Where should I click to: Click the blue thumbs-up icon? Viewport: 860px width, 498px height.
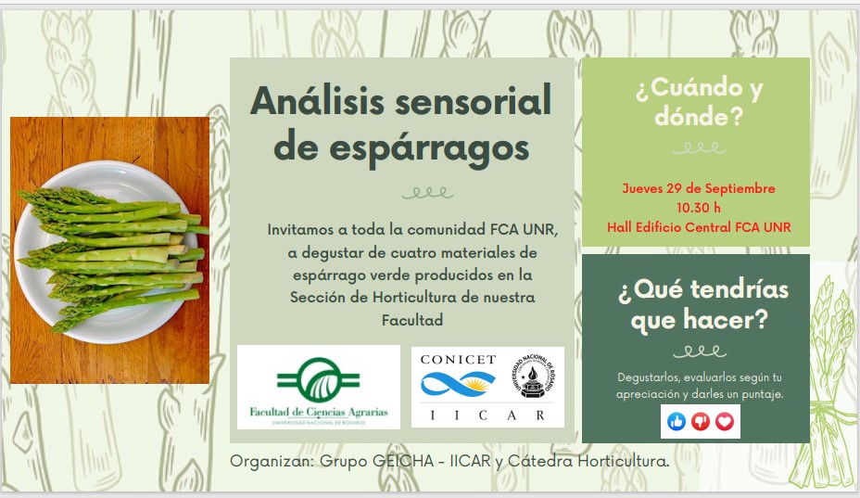tap(677, 422)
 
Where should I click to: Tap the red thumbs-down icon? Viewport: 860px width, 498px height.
tap(701, 422)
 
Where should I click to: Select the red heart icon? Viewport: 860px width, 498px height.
tap(725, 422)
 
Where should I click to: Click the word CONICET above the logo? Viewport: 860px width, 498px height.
tap(458, 360)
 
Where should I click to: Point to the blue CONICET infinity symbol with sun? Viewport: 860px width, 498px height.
tap(458, 383)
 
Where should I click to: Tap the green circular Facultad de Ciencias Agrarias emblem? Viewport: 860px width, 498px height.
tap(319, 379)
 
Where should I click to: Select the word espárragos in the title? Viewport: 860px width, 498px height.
tap(429, 148)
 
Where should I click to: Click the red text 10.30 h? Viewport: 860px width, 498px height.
tap(698, 208)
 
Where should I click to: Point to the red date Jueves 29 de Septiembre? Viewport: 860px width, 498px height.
tap(698, 188)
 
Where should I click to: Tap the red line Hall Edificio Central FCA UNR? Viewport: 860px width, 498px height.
tap(699, 227)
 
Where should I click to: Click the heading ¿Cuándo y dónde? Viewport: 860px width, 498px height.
tap(699, 102)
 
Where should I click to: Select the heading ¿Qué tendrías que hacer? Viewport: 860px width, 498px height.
tap(702, 305)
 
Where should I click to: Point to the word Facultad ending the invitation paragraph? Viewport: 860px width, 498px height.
tap(412, 320)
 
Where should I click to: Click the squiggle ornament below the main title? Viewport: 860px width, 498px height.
tap(427, 193)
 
